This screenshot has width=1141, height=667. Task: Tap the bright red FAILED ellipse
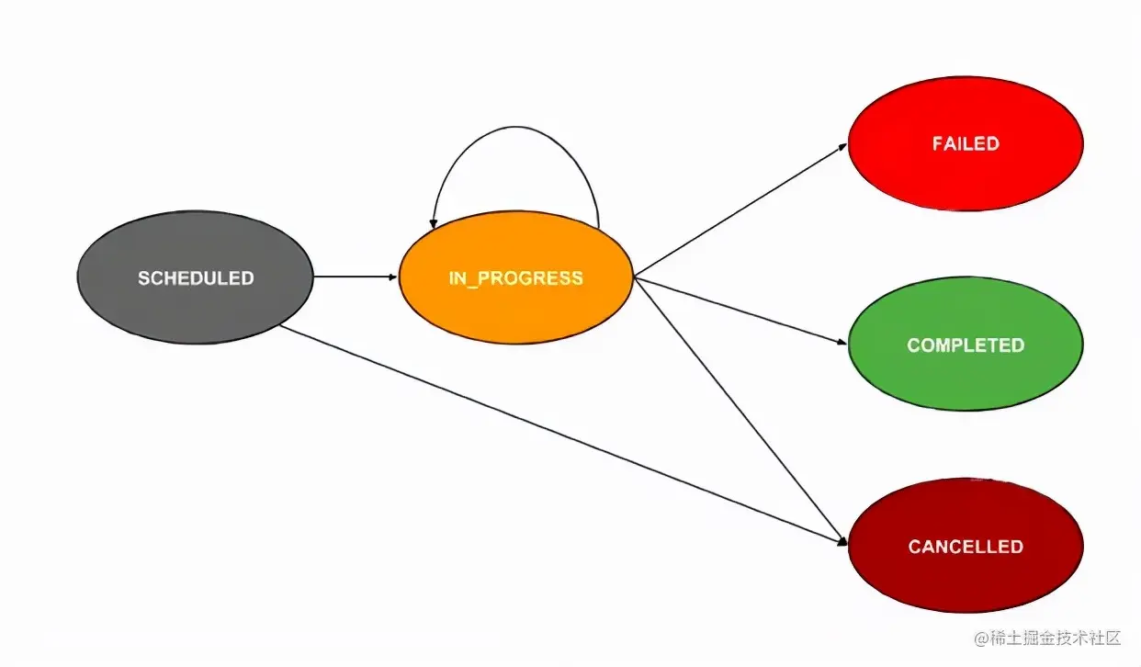click(x=965, y=175)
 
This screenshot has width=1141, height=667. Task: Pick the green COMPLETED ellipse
click(x=965, y=377)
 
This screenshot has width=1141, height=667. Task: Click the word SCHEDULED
click(x=196, y=278)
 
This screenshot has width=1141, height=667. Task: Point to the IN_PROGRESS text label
click(x=515, y=278)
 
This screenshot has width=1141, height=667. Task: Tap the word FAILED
click(x=965, y=144)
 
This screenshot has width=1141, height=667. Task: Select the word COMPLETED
click(x=965, y=345)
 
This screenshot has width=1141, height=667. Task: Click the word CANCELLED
click(x=965, y=547)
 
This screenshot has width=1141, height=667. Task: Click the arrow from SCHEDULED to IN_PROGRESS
click(x=354, y=277)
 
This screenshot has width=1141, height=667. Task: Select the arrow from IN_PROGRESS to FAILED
click(x=740, y=210)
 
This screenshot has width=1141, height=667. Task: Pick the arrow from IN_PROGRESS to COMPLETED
click(x=740, y=310)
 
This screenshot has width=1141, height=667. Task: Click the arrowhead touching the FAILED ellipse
click(x=842, y=146)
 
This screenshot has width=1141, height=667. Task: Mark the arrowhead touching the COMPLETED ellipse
click(x=842, y=342)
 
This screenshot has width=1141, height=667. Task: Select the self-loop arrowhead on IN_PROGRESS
click(x=434, y=223)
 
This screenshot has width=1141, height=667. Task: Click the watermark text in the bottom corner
click(x=1047, y=638)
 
